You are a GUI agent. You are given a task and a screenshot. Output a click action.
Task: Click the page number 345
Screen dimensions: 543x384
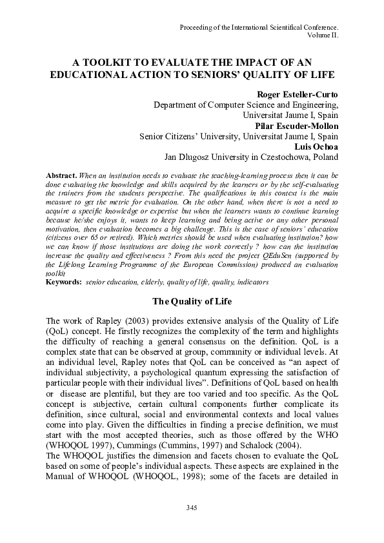click(191, 508)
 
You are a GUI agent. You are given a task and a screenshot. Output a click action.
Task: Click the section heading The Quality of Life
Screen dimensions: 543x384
click(191, 301)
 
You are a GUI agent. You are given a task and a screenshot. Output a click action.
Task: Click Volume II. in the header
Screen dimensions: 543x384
click(324, 36)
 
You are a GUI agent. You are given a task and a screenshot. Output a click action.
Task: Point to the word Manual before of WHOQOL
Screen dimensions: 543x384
click(64, 487)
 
